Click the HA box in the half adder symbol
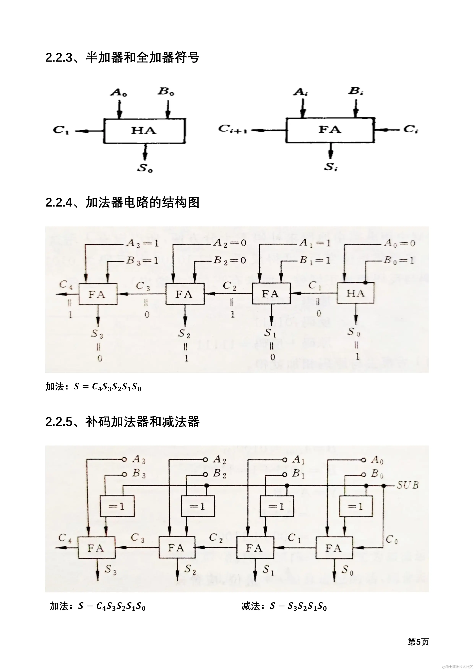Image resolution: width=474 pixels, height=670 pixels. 145,131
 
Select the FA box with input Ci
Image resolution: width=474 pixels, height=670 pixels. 330,130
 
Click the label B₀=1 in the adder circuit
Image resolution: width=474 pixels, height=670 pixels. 399,260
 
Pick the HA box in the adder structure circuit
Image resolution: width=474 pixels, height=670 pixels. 355,293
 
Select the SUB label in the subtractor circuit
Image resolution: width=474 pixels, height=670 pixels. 408,485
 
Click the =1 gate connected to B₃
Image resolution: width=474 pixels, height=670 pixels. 117,506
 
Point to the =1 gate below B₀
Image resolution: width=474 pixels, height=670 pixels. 355,506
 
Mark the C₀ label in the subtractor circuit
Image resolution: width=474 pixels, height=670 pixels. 392,539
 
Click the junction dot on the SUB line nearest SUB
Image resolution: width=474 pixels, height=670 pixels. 384,485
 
